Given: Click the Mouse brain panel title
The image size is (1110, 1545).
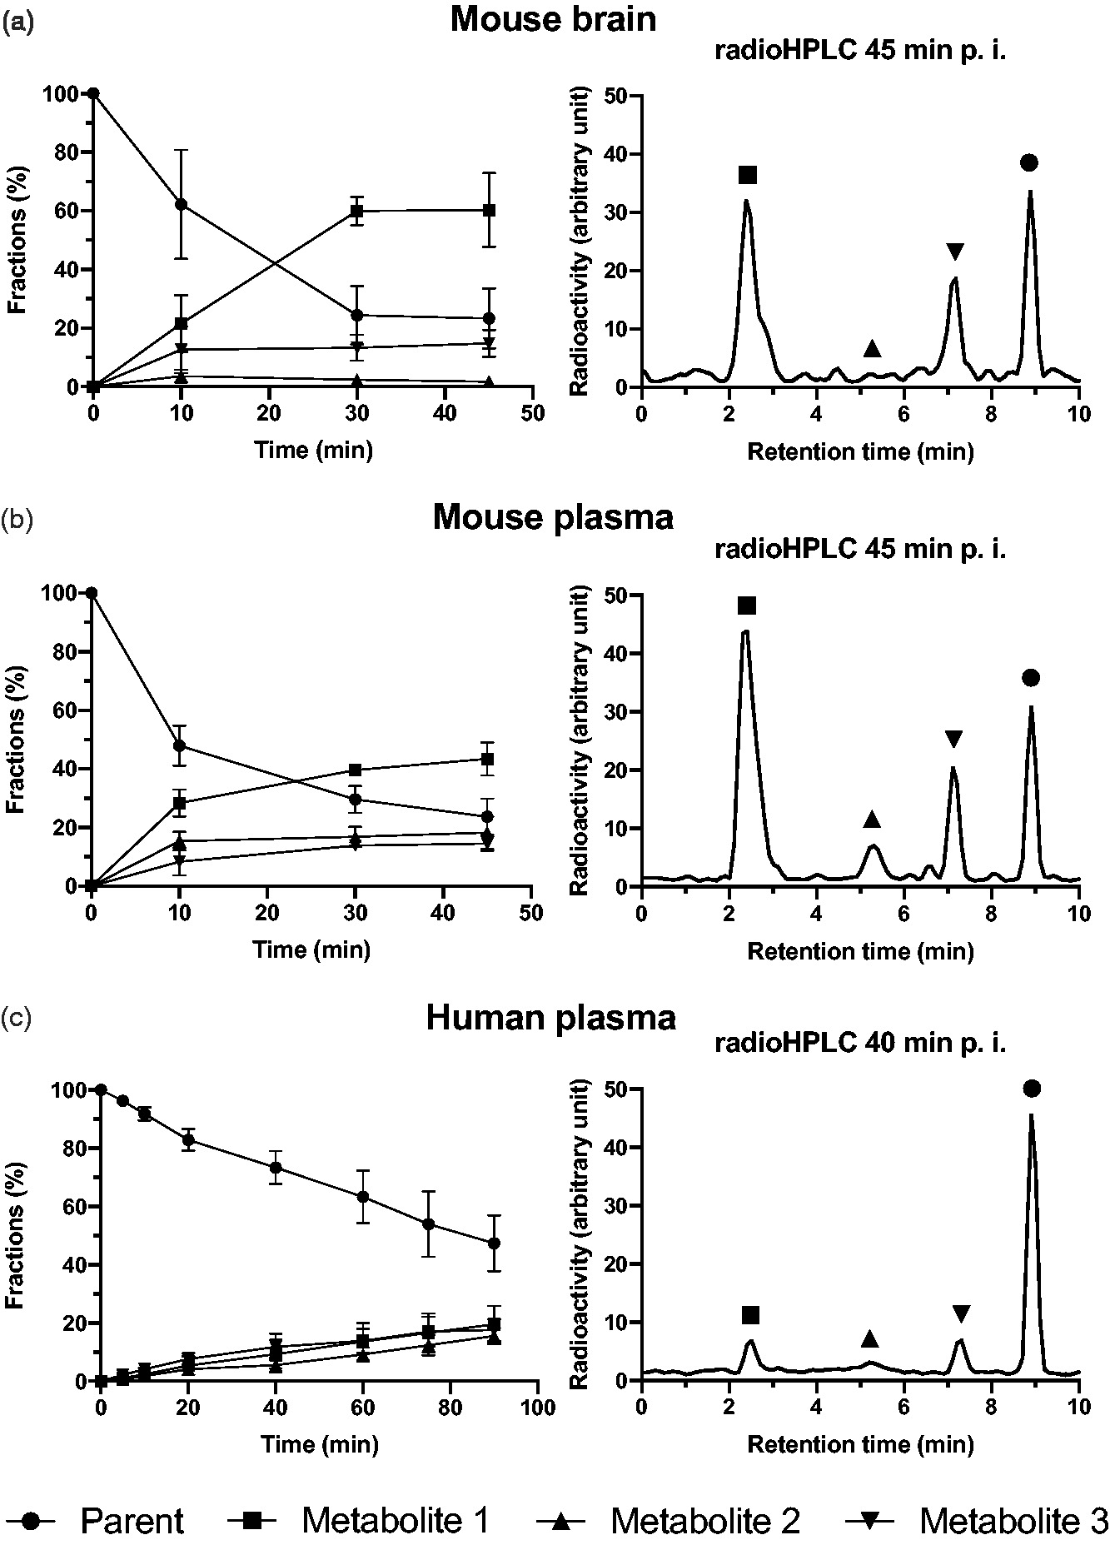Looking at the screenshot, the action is coord(553,19).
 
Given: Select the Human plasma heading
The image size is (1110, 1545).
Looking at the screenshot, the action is coord(550,1018).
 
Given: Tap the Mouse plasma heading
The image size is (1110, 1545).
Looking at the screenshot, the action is coord(553,518).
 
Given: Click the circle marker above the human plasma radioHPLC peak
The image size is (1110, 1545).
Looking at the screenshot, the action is coord(1032,1089).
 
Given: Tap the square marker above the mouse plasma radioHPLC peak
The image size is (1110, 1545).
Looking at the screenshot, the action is coord(746,606).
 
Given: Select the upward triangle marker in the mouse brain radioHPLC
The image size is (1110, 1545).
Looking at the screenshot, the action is coord(872,348).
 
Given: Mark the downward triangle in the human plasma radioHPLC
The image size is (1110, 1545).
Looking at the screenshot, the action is coord(961,1314).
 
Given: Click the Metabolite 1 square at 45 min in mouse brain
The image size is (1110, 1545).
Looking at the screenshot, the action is coord(490,210).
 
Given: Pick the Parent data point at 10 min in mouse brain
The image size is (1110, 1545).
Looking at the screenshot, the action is coord(181,205).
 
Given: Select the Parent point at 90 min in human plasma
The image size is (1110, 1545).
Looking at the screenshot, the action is coord(494,1243).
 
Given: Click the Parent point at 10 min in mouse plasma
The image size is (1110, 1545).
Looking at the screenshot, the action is coord(179,745).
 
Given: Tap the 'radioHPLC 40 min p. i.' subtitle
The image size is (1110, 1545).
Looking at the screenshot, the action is coord(860,1044).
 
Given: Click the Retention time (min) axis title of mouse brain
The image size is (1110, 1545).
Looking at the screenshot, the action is coord(860,452).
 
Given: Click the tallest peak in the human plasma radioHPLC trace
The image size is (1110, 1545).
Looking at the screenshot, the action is coord(1032,1116).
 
